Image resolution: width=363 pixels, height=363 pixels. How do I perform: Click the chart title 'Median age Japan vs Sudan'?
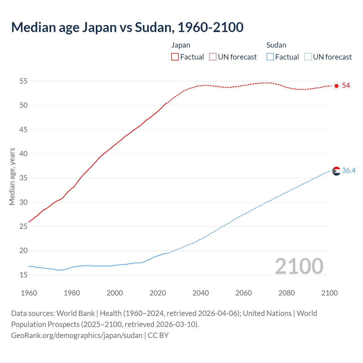127,27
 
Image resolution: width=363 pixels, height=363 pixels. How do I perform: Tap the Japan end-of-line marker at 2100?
336,86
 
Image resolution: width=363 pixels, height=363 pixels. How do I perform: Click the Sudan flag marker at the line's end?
336,171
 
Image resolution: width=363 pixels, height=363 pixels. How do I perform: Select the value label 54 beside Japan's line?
346,86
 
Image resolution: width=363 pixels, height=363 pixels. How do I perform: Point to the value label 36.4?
349,170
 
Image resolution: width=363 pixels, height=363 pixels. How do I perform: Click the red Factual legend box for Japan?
175,57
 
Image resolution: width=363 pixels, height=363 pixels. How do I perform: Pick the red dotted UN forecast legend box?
213,57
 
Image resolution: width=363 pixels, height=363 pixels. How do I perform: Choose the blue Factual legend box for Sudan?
270,57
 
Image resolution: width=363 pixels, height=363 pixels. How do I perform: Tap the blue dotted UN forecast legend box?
308,57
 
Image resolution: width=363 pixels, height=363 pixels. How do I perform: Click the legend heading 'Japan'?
181,45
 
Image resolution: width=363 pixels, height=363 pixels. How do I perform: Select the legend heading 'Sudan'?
276,45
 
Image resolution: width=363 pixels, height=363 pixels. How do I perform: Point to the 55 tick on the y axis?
23,81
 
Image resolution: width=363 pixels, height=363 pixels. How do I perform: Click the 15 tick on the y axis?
23,275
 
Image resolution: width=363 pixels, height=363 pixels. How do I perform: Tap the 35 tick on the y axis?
23,178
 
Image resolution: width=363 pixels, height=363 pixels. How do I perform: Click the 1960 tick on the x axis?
29,293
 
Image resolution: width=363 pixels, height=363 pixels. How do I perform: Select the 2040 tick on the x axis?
201,293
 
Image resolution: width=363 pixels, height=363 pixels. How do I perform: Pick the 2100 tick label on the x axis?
329,293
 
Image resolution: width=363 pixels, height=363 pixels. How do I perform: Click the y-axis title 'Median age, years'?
12,176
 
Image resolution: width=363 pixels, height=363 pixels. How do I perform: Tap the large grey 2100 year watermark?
299,266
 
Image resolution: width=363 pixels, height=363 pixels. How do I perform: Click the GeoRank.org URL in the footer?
77,335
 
